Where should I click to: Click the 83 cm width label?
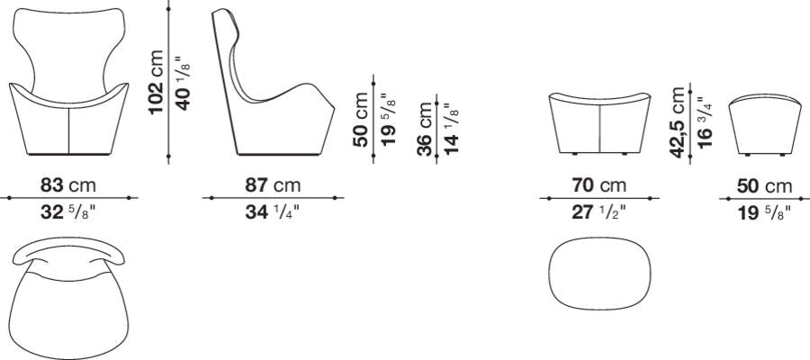(x=68, y=184)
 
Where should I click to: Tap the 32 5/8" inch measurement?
(x=68, y=212)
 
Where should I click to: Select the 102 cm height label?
(x=156, y=82)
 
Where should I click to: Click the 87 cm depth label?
(x=273, y=184)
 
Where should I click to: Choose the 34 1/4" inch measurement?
(x=272, y=212)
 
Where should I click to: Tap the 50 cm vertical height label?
(x=361, y=120)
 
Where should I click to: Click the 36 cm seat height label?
(x=424, y=129)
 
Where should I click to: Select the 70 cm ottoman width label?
(x=598, y=184)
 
